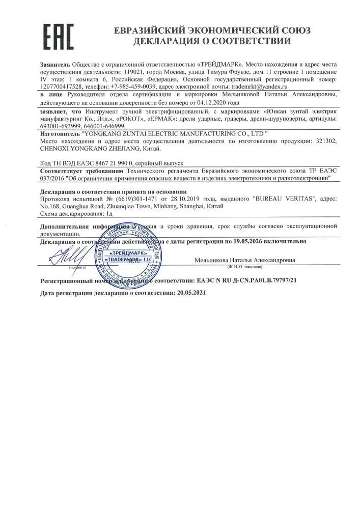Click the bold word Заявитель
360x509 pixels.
click(x=55, y=66)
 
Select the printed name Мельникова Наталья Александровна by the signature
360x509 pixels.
click(x=244, y=261)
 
